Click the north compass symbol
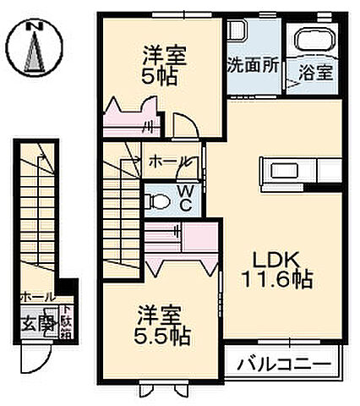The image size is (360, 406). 35,53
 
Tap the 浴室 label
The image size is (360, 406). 315,73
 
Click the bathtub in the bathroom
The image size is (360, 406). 312,40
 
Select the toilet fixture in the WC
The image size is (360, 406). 155,201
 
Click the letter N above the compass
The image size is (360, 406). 35,26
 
